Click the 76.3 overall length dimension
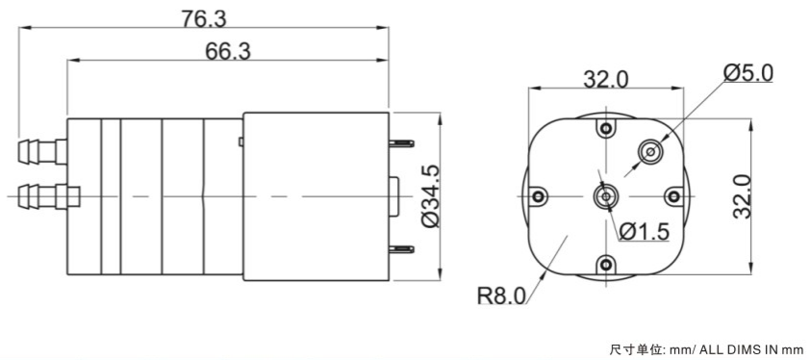pyautogui.click(x=204, y=19)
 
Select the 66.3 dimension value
pyautogui.click(x=228, y=51)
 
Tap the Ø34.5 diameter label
pyautogui.click(x=430, y=196)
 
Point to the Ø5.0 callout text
pyautogui.click(x=748, y=73)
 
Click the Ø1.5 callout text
pyautogui.click(x=644, y=232)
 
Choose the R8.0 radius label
pyautogui.click(x=501, y=296)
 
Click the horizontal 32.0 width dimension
pyautogui.click(x=606, y=80)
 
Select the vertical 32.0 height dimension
pyautogui.click(x=742, y=196)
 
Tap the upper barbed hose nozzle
pyautogui.click(x=42, y=151)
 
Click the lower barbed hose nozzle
pyautogui.click(x=49, y=196)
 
